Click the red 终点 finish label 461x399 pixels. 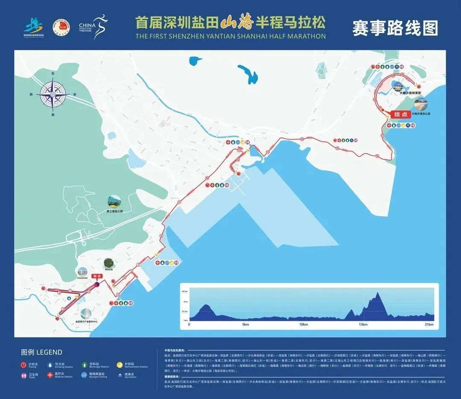point(400,114)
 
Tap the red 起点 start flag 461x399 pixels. point(97,276)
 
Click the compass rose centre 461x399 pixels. point(53,94)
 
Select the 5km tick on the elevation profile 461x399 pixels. point(245,325)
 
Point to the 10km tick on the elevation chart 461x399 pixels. point(303,325)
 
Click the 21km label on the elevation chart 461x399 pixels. point(429,325)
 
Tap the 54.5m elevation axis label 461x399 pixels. point(185,291)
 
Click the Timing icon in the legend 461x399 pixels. point(24,365)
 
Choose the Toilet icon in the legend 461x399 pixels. point(24,376)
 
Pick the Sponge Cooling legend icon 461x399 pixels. point(84,376)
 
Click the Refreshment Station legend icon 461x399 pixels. point(120,365)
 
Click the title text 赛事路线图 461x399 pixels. point(395,28)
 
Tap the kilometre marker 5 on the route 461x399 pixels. point(117,295)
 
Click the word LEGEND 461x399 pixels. point(50,352)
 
